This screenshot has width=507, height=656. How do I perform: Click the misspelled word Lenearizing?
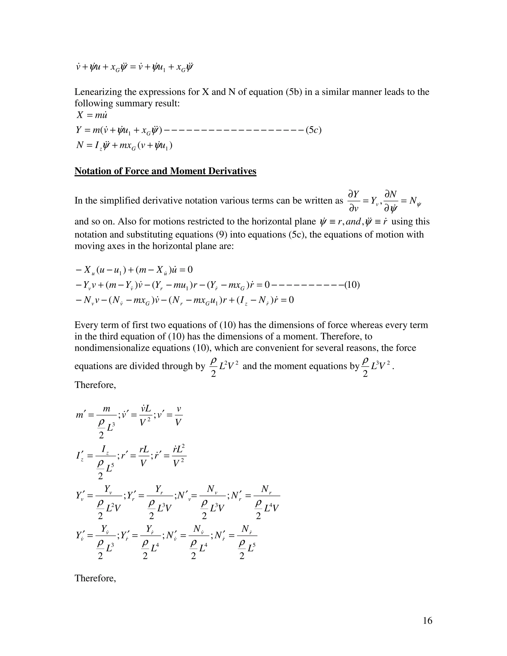pos(98,92)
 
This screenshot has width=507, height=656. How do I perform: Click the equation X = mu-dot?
pos(92,115)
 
